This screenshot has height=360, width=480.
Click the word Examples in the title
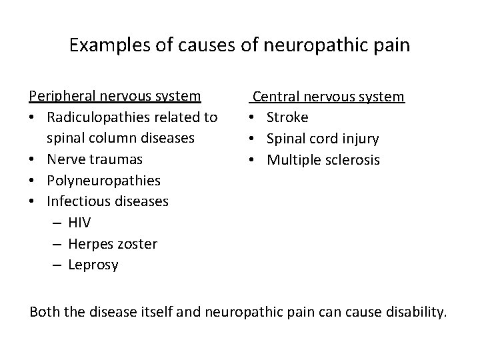pos(107,46)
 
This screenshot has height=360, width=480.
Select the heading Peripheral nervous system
pos(115,96)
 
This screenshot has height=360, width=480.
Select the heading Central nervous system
pos(328,97)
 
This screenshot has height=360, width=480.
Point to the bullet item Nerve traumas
pos(94,159)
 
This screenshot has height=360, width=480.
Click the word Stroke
pos(287,117)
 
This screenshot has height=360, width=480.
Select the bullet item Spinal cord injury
pos(323,139)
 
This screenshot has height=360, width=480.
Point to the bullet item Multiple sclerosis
pos(323,160)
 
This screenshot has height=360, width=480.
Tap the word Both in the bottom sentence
pos(44,312)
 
